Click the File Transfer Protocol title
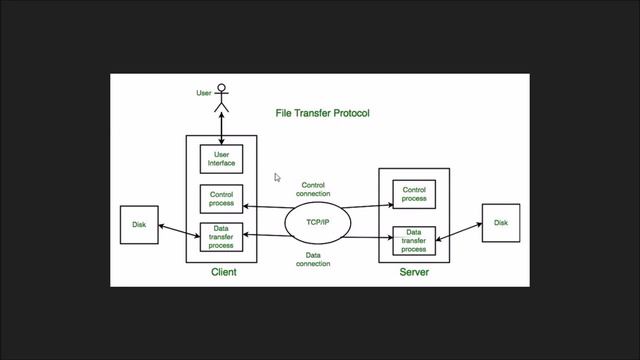tap(322, 113)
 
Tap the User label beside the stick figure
tap(203, 94)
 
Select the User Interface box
tap(221, 159)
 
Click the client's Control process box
tap(221, 199)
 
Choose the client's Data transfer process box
tap(221, 237)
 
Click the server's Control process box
tap(413, 194)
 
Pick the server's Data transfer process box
tap(413, 240)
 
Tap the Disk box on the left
tap(139, 225)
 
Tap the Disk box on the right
tap(500, 223)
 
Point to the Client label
tap(223, 272)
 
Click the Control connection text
tap(315, 189)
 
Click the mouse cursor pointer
tap(278, 178)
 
